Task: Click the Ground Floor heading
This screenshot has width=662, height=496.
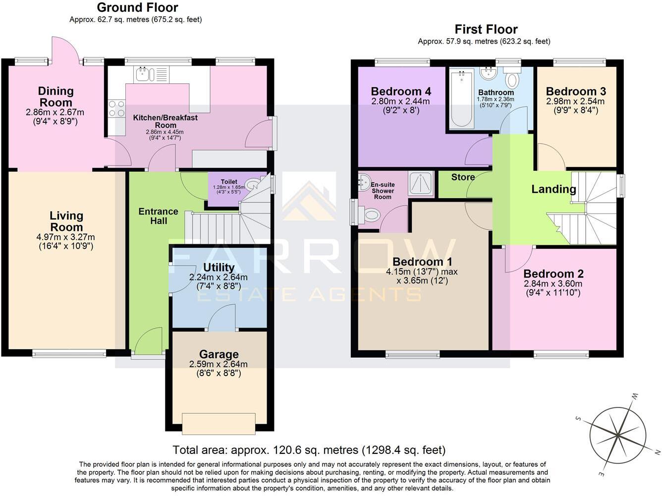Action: pos(137,7)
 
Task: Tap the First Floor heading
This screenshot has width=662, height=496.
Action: pos(486,29)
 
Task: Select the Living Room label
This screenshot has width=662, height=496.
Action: pos(66,221)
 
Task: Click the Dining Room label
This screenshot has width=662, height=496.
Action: pos(55,97)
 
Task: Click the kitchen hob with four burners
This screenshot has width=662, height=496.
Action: pos(117,109)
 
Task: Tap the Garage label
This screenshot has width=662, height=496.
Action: pos(219,354)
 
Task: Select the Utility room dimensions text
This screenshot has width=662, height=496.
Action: pos(218,281)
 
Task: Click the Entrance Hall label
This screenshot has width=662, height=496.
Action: pos(158,216)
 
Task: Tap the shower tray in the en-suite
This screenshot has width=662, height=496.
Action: pos(420,183)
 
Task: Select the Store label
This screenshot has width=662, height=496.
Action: pos(463,177)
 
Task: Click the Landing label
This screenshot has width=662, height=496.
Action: pos(553,189)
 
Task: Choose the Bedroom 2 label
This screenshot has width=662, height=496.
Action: pos(553,274)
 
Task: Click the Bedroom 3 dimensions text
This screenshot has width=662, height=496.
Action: pos(575,106)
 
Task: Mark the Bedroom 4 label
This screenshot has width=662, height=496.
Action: pos(400,91)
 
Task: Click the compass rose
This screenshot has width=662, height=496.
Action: pos(618,435)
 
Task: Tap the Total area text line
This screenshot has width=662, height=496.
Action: pos(309,450)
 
